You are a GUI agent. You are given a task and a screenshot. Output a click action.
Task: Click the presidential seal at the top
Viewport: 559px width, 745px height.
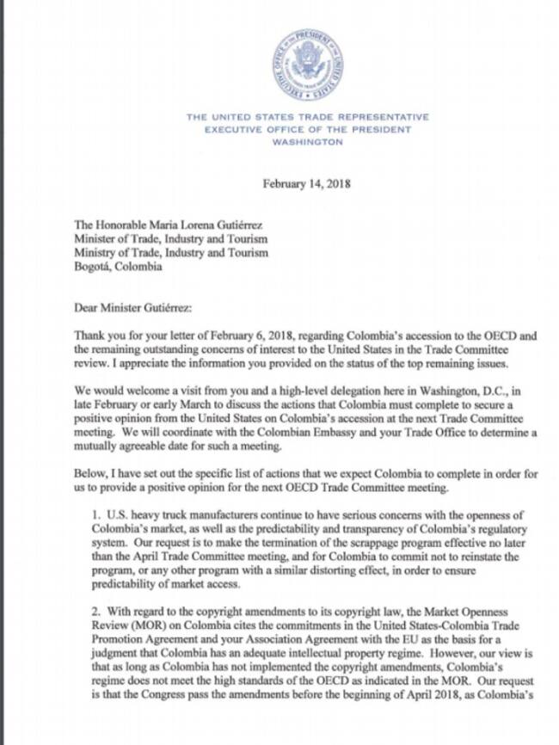tap(309, 65)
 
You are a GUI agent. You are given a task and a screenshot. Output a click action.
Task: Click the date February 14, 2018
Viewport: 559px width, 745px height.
tap(307, 183)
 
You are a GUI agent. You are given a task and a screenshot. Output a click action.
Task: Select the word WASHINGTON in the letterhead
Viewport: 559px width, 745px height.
tap(307, 143)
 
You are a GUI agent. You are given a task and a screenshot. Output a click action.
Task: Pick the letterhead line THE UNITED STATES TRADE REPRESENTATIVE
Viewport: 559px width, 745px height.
tap(307, 117)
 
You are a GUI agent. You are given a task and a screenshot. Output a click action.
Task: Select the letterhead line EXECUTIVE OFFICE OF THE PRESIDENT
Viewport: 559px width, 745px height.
tap(307, 130)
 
